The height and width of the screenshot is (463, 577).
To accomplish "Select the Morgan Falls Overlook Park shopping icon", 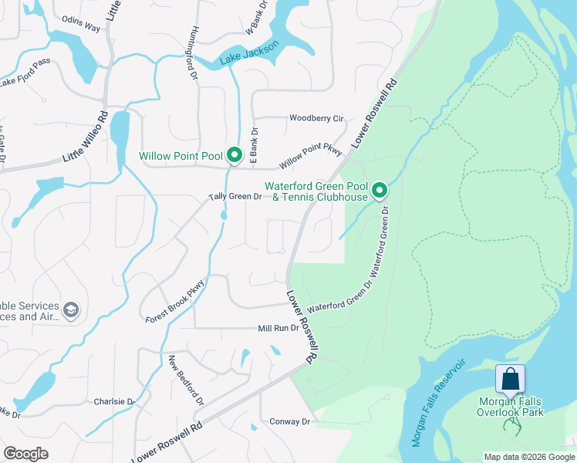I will click(510, 380).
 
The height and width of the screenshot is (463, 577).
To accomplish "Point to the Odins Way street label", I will click(81, 28).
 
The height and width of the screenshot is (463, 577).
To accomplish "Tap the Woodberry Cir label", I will click(315, 118).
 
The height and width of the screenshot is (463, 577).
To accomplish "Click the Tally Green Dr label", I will click(235, 197).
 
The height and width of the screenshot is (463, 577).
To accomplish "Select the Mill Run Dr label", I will click(278, 329).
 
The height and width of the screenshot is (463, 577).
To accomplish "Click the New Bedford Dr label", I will click(187, 380).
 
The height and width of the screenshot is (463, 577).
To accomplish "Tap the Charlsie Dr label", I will click(114, 402).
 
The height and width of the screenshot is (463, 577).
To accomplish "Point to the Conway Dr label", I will click(289, 422).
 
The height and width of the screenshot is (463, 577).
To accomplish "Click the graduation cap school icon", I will click(70, 310).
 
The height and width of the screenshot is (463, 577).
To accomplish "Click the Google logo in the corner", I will click(25, 454).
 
